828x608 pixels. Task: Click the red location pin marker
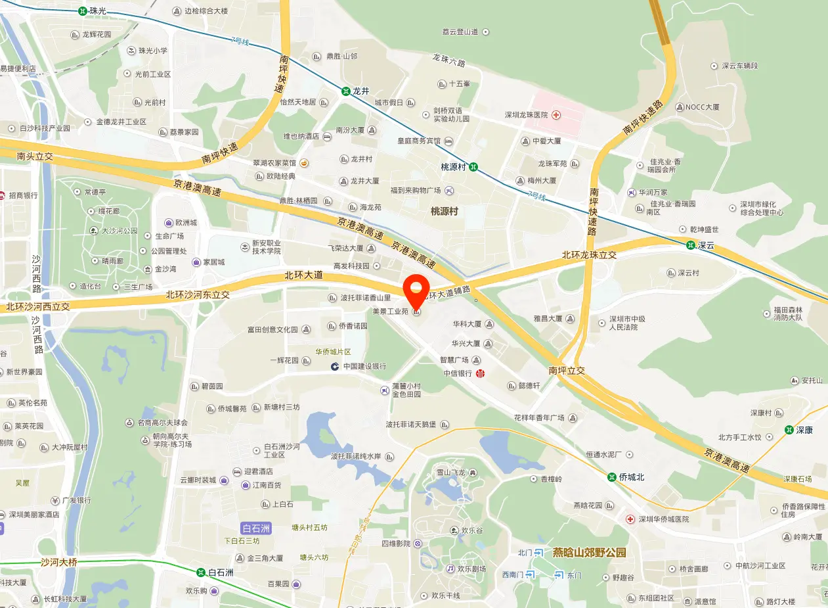pyautogui.click(x=415, y=289)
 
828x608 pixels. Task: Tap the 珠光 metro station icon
pyautogui.click(x=82, y=11)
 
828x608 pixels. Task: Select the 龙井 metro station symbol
pyautogui.click(x=345, y=91)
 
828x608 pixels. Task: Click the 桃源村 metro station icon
pyautogui.click(x=473, y=167)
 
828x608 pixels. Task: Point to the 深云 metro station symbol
pyautogui.click(x=690, y=245)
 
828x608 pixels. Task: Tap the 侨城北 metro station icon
pyautogui.click(x=611, y=477)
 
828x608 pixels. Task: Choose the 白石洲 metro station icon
pyautogui.click(x=200, y=573)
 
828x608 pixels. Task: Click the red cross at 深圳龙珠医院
pyautogui.click(x=556, y=115)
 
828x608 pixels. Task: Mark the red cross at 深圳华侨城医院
pyautogui.click(x=630, y=519)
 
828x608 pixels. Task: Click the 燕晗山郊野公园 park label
pyautogui.click(x=589, y=553)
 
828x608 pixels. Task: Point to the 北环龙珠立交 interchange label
pyautogui.click(x=589, y=254)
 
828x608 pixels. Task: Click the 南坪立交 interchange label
pyautogui.click(x=566, y=371)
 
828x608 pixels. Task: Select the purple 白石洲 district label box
pyautogui.click(x=256, y=528)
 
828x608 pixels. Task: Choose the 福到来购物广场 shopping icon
pyautogui.click(x=449, y=191)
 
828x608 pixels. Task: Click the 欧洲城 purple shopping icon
pyautogui.click(x=169, y=223)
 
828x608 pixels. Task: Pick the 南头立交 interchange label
pyautogui.click(x=35, y=156)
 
